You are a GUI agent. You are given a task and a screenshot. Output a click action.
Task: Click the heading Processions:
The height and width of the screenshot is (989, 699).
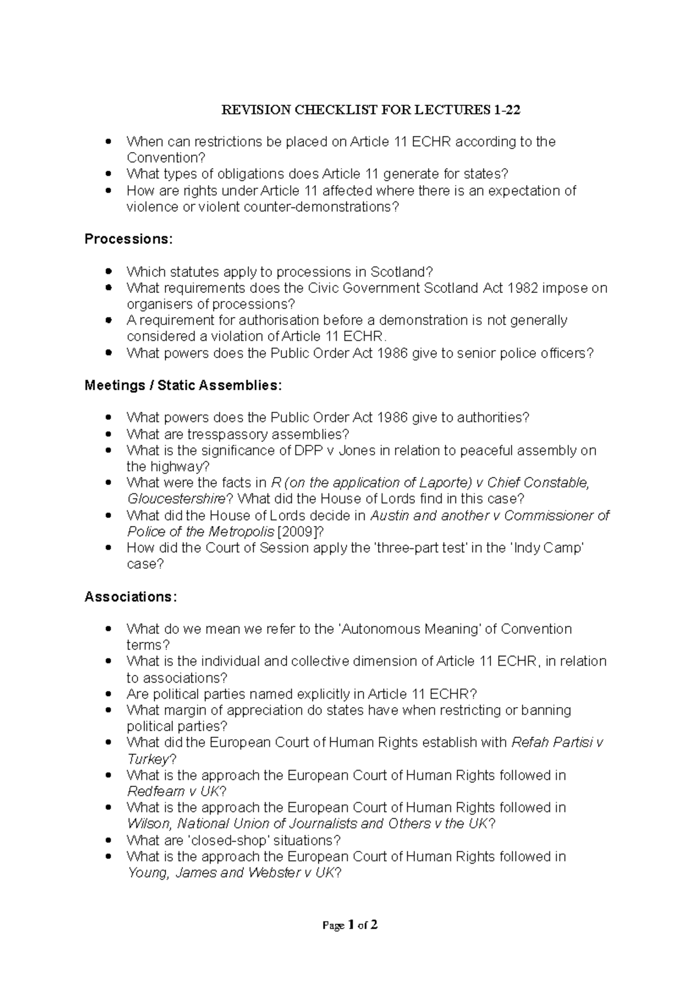coord(129,239)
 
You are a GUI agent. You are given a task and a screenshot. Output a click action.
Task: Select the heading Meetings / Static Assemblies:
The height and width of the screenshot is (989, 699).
coord(183,386)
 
